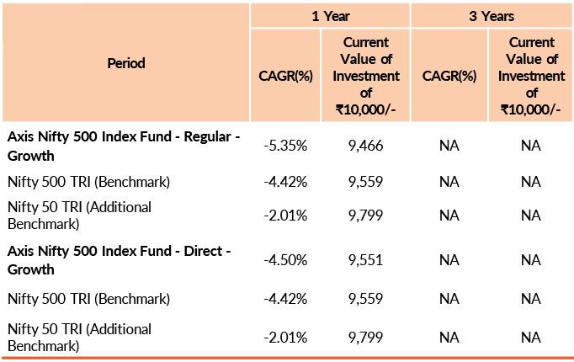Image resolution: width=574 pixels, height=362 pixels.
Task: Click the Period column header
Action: [x=126, y=63]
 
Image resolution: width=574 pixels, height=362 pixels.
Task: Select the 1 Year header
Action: [x=330, y=15]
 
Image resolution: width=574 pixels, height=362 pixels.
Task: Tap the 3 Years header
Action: [x=492, y=15]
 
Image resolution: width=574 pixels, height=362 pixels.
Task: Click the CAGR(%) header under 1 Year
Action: [x=285, y=75]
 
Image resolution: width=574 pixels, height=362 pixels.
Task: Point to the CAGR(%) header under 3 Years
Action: [x=449, y=75]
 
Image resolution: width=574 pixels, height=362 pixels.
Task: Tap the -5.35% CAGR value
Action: [x=285, y=146]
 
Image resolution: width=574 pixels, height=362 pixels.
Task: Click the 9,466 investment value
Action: [x=365, y=146]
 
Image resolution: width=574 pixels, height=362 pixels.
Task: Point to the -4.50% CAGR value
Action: [x=285, y=261]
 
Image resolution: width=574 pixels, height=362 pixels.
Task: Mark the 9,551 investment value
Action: [x=365, y=261]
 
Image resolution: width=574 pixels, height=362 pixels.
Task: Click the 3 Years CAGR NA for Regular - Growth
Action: [x=449, y=146]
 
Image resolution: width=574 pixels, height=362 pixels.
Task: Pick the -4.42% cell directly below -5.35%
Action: [x=285, y=181]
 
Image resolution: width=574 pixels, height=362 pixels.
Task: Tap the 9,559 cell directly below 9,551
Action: [x=365, y=298]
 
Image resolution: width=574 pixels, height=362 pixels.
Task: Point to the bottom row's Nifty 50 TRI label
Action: [x=79, y=337]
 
